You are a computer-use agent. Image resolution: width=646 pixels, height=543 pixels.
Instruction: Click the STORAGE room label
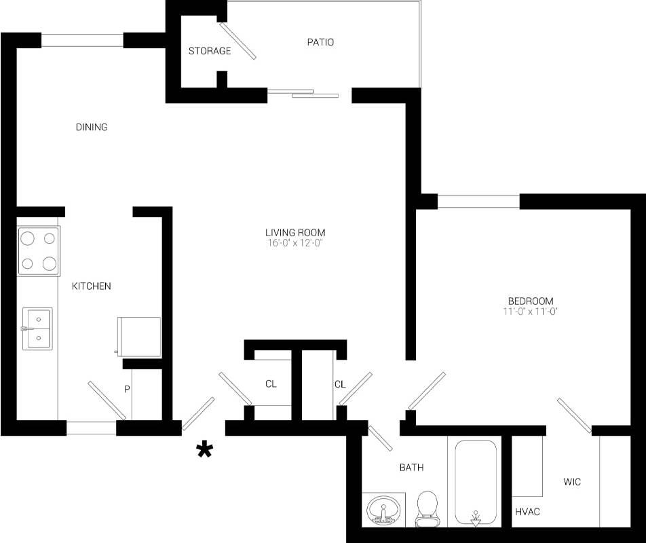point(210,51)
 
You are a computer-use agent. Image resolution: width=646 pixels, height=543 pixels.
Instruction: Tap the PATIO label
point(320,42)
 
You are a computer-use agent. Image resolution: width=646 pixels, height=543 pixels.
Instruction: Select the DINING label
point(92,127)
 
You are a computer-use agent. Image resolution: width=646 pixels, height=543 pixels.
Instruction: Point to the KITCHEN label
point(91,286)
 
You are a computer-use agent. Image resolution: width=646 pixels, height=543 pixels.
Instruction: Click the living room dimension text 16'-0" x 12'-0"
point(294,243)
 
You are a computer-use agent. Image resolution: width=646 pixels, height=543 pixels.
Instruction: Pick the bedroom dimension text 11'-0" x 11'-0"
point(530,311)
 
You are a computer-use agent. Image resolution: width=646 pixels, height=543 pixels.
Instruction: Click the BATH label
point(411,467)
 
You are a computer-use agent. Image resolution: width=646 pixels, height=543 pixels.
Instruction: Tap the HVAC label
point(527,512)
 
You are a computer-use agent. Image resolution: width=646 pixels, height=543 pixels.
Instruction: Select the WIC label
point(572,482)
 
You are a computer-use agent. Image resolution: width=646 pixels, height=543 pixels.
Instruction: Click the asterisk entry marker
point(204,449)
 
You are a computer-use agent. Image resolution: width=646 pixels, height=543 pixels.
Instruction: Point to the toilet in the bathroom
point(427,509)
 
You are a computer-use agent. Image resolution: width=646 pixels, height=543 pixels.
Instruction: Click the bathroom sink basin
point(383,510)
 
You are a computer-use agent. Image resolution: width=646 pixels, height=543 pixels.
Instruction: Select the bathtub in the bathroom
point(476,483)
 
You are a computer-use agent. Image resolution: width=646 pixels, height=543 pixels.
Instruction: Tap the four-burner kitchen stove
point(38,251)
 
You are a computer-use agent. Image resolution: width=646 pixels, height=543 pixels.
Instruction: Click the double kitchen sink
point(37,329)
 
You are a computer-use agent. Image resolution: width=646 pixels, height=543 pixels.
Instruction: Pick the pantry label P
point(127,389)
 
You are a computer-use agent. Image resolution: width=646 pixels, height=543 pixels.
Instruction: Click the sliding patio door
point(303,93)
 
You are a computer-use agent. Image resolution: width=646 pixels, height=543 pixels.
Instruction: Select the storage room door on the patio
point(237,41)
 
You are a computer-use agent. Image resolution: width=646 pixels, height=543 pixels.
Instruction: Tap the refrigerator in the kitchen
point(139,337)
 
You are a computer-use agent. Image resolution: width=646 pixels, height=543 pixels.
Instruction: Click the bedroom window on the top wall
point(478,202)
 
